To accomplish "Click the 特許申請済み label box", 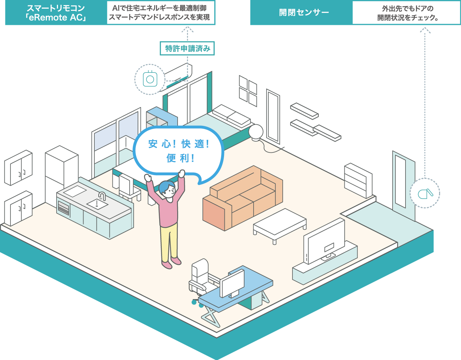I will click(187, 49).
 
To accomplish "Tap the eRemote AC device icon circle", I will click(150, 79).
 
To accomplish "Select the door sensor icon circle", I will click(425, 193).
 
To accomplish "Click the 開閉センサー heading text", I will click(304, 13).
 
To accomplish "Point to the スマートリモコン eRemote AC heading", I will click(56, 13).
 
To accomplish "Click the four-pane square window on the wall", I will click(248, 90).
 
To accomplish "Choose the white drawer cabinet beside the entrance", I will click(358, 180).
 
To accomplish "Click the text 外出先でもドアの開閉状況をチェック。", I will click(407, 13).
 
